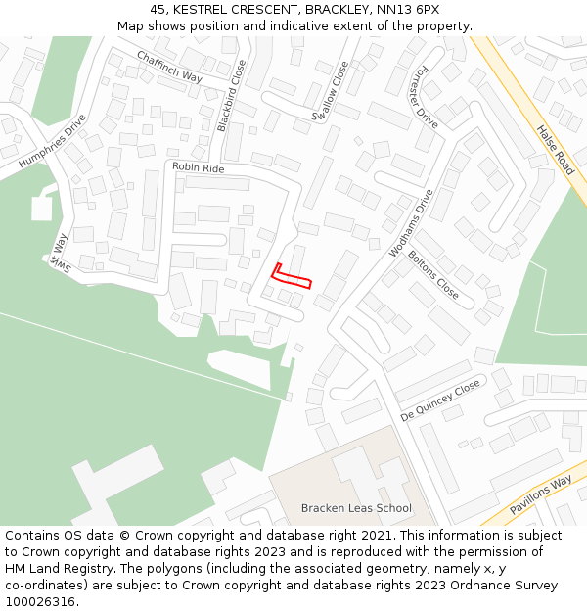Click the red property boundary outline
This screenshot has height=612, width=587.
click(292, 278)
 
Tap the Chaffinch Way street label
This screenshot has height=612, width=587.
click(169, 67)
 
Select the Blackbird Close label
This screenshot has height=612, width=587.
click(232, 96)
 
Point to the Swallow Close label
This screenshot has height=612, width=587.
click(330, 91)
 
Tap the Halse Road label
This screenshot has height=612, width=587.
click(555, 150)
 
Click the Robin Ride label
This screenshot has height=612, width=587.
click(198, 168)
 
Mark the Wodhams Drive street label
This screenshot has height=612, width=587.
click(411, 223)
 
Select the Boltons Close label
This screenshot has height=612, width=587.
click(432, 275)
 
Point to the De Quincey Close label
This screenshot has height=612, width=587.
click(440, 400)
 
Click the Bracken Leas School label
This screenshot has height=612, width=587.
click(356, 508)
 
